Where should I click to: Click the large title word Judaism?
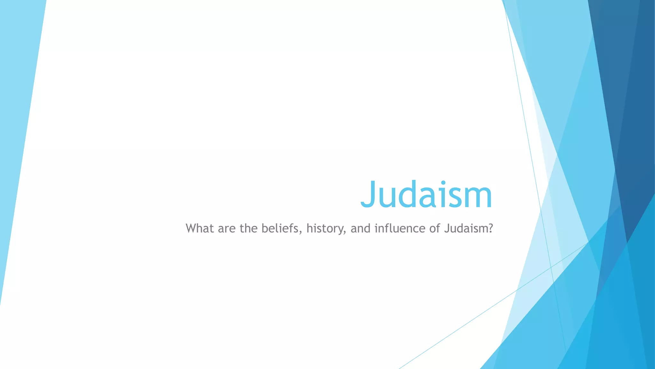point(426,194)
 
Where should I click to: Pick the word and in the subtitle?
point(360,228)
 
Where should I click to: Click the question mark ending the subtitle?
point(491,228)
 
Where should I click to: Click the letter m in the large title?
point(478,199)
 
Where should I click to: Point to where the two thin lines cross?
point(551,267)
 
